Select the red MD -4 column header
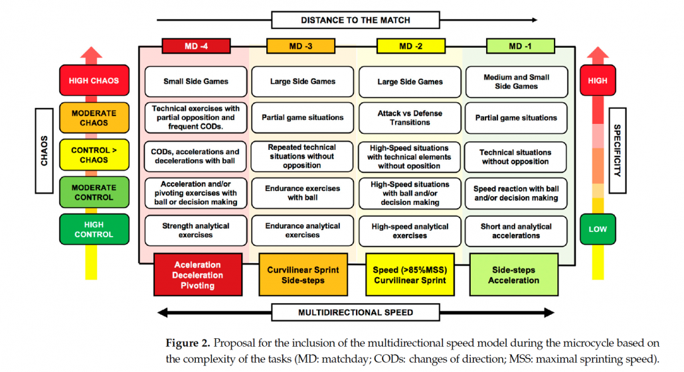pos(196,46)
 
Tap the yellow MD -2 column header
pos(410,46)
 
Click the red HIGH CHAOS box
pos(94,81)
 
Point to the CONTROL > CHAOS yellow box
pos(94,155)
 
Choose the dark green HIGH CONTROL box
pos(94,229)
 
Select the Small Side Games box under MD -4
pos(196,82)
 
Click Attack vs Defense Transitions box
pos(410,118)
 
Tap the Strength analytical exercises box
pos(196,230)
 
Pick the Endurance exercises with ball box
pos(302,193)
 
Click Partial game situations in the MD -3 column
pos(302,118)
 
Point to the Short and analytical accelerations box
pos(516,230)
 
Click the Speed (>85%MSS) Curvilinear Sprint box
pos(409,275)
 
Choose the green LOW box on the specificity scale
pos(597,229)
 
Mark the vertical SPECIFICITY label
pos(617,151)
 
